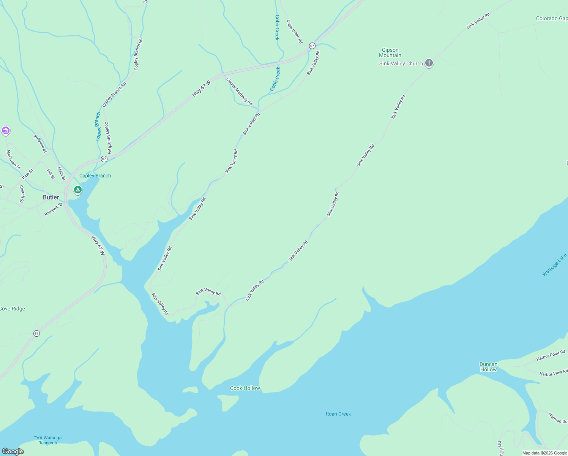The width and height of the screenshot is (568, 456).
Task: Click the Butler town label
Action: coord(51,197)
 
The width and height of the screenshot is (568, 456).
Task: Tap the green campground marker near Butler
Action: coord(78,190)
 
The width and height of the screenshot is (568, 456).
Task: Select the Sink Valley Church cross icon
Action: coord(429,63)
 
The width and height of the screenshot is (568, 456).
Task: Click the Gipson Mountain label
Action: coord(390,52)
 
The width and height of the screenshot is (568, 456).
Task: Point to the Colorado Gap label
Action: coord(552,18)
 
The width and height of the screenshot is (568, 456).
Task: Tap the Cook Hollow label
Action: coord(245,388)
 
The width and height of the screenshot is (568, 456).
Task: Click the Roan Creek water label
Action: coord(338,414)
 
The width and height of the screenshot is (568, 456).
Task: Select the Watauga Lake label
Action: coord(554,265)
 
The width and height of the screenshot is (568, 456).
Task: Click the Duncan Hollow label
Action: coord(488,367)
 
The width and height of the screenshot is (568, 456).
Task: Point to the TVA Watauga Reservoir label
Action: coord(47,440)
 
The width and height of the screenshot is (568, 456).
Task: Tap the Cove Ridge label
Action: coord(13,309)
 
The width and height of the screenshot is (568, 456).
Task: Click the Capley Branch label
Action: coord(95,176)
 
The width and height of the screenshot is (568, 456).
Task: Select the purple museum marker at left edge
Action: coord(5,131)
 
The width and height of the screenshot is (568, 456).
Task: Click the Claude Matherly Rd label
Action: coord(239,91)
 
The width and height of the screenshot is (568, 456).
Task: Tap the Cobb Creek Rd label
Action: coord(295,32)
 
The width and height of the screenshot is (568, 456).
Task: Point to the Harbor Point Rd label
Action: coord(551,356)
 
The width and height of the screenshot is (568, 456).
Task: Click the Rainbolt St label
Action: coord(53,209)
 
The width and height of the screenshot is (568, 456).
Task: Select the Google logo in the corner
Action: coord(13,451)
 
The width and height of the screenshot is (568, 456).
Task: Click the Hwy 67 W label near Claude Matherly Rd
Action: coord(201,89)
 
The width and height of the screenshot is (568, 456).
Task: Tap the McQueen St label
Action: coord(13,160)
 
